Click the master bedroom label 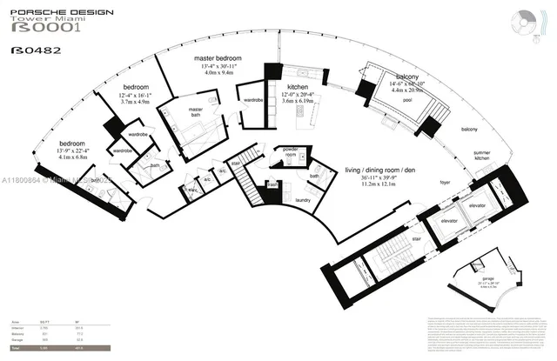coord(217,57)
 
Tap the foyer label coord(445,184)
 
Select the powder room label coord(289,151)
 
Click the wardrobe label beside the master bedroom coord(253,100)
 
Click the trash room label coord(272,184)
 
